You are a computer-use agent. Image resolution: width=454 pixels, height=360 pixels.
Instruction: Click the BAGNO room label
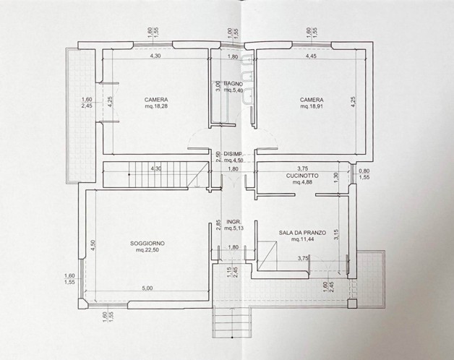pyautogui.click(x=234, y=84)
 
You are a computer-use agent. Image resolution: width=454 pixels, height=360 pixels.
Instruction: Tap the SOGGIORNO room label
pyautogui.click(x=147, y=244)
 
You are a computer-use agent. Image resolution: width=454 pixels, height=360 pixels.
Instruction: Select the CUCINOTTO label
pyautogui.click(x=302, y=176)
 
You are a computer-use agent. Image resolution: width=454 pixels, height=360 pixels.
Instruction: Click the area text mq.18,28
pyautogui.click(x=156, y=106)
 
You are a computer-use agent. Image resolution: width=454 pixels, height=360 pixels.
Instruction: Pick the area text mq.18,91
pyautogui.click(x=312, y=106)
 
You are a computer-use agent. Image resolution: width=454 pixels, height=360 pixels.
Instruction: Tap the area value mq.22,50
pyautogui.click(x=147, y=250)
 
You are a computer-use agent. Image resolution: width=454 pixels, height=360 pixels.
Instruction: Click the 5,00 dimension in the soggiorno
pyautogui.click(x=147, y=288)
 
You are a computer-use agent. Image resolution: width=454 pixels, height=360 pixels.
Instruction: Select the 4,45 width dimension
pyautogui.click(x=311, y=56)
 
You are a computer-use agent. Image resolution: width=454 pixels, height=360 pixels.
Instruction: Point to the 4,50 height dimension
pyautogui.click(x=93, y=246)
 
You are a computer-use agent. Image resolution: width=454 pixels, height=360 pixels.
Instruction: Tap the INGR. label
pyautogui.click(x=234, y=222)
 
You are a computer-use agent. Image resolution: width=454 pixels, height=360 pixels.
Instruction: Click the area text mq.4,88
pyautogui.click(x=302, y=182)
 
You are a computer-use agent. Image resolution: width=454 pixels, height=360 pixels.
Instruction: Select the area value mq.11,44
pyautogui.click(x=302, y=239)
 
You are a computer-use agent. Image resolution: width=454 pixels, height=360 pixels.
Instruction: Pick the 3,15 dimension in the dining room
pyautogui.click(x=336, y=235)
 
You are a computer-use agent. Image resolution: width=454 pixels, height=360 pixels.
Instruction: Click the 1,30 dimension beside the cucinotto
pyautogui.click(x=336, y=177)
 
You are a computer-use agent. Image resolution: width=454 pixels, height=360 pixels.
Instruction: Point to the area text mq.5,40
pyautogui.click(x=234, y=90)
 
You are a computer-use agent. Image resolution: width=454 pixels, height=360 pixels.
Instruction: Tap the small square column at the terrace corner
pyautogui.click(x=352, y=303)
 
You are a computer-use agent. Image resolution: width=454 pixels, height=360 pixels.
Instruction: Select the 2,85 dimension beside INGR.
pyautogui.click(x=219, y=224)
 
